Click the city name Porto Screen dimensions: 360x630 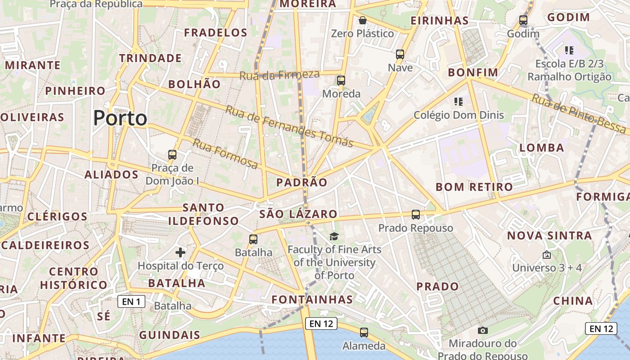pos(120,118)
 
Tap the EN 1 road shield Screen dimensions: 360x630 pos(131,301)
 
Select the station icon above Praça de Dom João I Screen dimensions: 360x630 pos(172,155)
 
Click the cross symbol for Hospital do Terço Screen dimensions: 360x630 pos(180,252)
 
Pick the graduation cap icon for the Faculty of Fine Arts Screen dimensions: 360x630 pos(334,237)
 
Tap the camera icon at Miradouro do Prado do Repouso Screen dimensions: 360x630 pos(482,331)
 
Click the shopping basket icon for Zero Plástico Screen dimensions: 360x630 pos(362,20)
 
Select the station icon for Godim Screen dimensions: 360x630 pos(523,20)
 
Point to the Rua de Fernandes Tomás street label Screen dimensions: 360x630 pos(289,126)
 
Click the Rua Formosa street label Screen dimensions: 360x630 pos(225,154)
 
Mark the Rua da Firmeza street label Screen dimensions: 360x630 pos(279,75)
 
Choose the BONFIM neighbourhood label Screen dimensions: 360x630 pos(473,72)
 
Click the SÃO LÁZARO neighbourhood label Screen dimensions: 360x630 pos(298,214)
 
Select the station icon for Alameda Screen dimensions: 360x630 pos(364,333)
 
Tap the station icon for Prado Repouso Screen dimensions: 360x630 pos(415,215)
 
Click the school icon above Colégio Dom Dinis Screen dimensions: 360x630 pos(459,102)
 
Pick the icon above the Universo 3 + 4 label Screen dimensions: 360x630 pos(546,255)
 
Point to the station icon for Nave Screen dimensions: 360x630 pos(400,54)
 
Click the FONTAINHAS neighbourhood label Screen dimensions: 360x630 pos(312,300)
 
